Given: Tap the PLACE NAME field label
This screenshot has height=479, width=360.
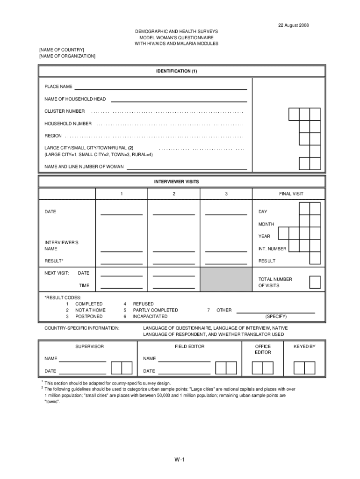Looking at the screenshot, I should click(58, 87).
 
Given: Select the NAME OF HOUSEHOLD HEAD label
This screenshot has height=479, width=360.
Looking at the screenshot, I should click(75, 99).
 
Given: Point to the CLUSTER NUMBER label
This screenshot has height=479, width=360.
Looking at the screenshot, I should click(65, 111).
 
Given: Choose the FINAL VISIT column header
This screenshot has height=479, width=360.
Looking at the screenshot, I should click(291, 194).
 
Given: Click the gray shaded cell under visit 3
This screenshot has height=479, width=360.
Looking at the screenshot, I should click(226, 279).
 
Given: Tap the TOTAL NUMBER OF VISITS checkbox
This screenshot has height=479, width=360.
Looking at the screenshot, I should click(315, 282).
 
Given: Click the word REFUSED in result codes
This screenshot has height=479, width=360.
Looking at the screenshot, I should click(143, 304).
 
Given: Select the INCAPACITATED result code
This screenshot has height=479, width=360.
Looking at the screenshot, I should click(150, 317).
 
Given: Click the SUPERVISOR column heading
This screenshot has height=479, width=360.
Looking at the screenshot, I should click(89, 347).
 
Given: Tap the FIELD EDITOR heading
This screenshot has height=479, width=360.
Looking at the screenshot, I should click(189, 347).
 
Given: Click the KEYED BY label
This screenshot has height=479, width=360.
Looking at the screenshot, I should click(304, 347).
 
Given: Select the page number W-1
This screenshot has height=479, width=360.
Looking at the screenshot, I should click(180, 460).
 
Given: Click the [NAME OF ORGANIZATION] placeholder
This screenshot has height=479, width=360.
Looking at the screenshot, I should click(67, 56).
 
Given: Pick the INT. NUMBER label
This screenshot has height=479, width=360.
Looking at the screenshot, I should click(273, 249).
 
